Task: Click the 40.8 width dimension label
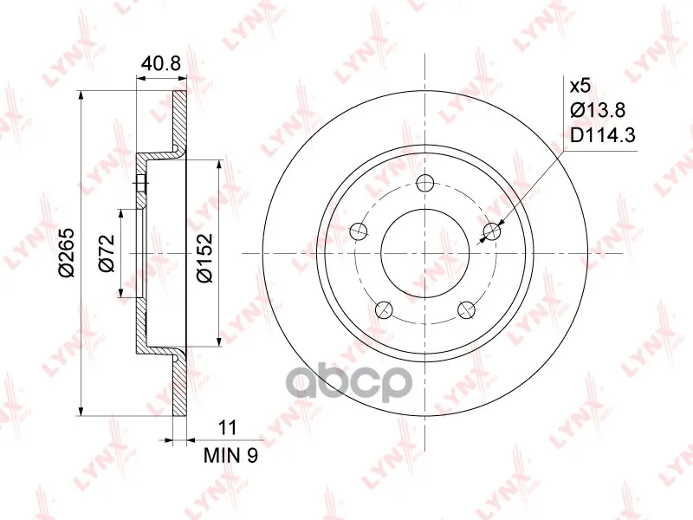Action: [161, 64]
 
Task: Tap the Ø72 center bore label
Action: [107, 253]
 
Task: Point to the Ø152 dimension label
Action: [205, 257]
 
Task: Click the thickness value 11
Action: [228, 427]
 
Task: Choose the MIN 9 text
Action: [230, 455]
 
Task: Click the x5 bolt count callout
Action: [580, 86]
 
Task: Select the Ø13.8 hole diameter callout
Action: [598, 110]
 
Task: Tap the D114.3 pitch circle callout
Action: [602, 135]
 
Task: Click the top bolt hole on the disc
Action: [425, 183]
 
